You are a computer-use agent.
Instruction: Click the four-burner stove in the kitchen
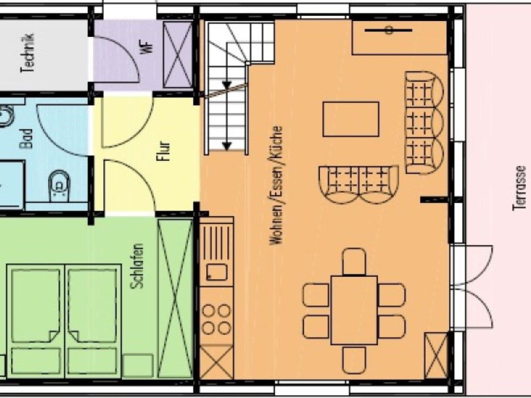pyautogui.click(x=216, y=319)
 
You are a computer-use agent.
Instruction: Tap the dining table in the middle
pyautogui.click(x=354, y=310)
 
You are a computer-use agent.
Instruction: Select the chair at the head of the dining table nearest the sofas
pyautogui.click(x=354, y=261)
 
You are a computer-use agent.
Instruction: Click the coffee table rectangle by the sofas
pyautogui.click(x=351, y=119)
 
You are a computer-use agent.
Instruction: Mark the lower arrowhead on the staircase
pyautogui.click(x=227, y=147)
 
